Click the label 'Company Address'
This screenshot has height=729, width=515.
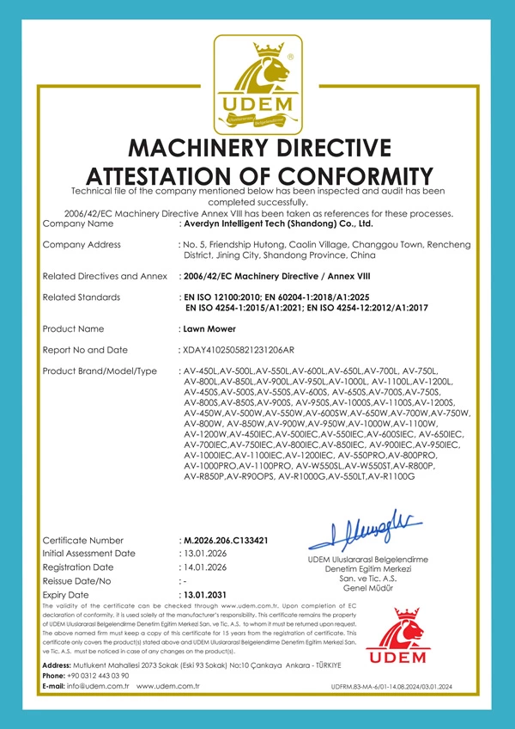click(82, 245)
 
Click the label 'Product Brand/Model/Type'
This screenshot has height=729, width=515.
click(100, 371)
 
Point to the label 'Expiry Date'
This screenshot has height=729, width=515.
click(65, 595)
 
